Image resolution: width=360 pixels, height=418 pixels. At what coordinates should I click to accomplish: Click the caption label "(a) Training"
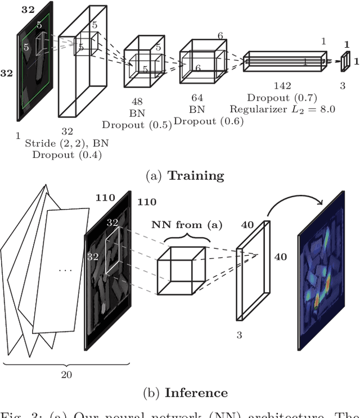pyautogui.click(x=184, y=175)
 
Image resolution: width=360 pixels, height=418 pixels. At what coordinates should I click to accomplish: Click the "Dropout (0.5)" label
pyautogui.click(x=137, y=125)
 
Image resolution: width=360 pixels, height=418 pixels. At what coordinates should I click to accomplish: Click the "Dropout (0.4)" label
pyautogui.click(x=67, y=155)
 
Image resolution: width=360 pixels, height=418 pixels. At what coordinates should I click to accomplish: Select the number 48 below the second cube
pyautogui.click(x=137, y=102)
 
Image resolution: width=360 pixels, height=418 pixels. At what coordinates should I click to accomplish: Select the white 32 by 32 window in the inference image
pyautogui.click(x=114, y=251)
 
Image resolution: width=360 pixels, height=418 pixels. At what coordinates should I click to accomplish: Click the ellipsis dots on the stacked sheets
pyautogui.click(x=66, y=270)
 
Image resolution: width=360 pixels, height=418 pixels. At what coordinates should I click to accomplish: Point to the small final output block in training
pyautogui.click(x=346, y=62)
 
